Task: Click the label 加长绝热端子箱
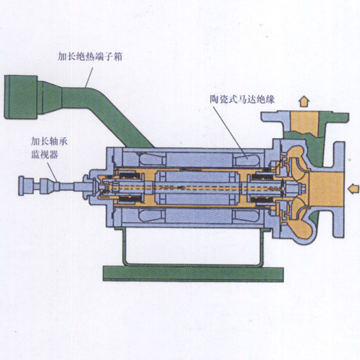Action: coord(90,56)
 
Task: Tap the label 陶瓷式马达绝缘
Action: coord(242,99)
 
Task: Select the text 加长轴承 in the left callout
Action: coord(49,141)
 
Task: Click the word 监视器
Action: coord(45,154)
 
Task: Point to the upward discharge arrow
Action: coord(304,101)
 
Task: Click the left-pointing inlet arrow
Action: coord(353,189)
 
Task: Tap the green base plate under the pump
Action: coord(193,274)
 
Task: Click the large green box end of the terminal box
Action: coord(21,97)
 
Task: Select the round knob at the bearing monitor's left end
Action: coord(21,186)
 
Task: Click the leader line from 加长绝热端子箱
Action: coord(89,77)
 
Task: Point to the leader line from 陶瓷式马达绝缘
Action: coord(230,132)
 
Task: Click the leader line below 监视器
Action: coord(52,172)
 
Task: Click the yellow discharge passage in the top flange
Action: coord(304,123)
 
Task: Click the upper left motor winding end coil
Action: coord(152,159)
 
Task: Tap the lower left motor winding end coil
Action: coord(152,216)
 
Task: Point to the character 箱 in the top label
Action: coord(118,56)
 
